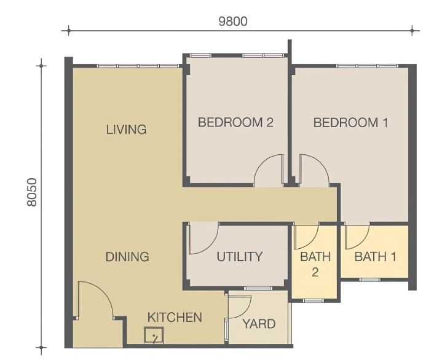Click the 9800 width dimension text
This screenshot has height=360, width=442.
click(233, 22)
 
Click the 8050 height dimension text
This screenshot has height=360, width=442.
click(32, 192)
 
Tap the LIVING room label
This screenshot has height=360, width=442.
click(126, 129)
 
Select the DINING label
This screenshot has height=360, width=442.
click(127, 257)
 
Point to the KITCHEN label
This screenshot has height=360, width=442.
click(175, 318)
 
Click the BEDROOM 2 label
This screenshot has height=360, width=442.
click(235, 122)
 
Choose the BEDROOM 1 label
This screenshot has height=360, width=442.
click(350, 122)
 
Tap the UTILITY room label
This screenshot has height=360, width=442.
click(240, 256)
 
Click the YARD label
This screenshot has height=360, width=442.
click(259, 324)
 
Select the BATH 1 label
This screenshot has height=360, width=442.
click(375, 257)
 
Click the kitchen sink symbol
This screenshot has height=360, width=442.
click(154, 335)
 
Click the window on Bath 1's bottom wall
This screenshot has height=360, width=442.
click(370, 280)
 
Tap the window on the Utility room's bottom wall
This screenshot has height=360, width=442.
click(258, 288)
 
